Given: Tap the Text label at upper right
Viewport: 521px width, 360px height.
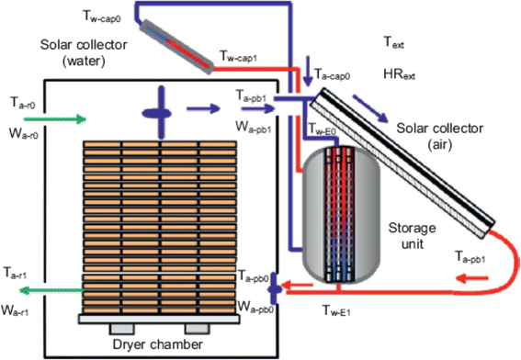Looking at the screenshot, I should point(393,42).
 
